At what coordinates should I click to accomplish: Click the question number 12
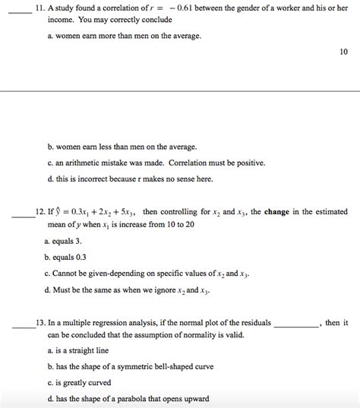[41, 213]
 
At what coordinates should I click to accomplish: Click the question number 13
[41, 323]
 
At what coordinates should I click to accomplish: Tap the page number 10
[343, 52]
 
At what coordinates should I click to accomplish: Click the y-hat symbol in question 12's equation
[63, 213]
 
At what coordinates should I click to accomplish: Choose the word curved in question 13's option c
[98, 382]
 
